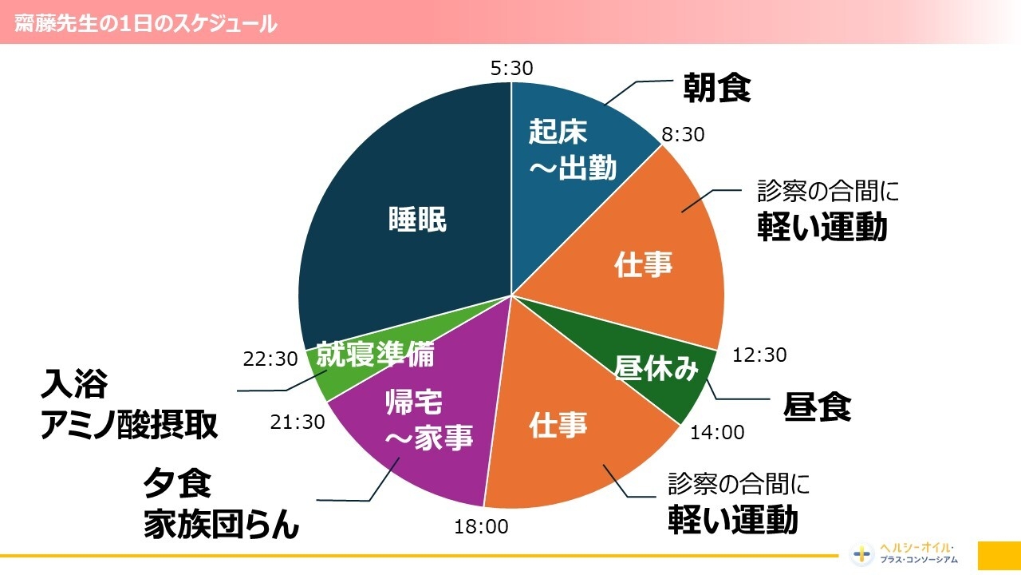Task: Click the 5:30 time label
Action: point(511,69)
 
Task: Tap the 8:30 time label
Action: point(684,135)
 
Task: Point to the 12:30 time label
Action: point(759,355)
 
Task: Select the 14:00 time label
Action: point(717,433)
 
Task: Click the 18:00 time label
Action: point(481,526)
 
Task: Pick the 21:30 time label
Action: point(298,422)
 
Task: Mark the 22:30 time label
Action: point(270,360)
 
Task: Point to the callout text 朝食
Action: point(717,89)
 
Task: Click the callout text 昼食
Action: point(818,407)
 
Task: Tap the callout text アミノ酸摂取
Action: point(129,425)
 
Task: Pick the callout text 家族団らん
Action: point(221,525)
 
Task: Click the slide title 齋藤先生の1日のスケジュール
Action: point(146,24)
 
